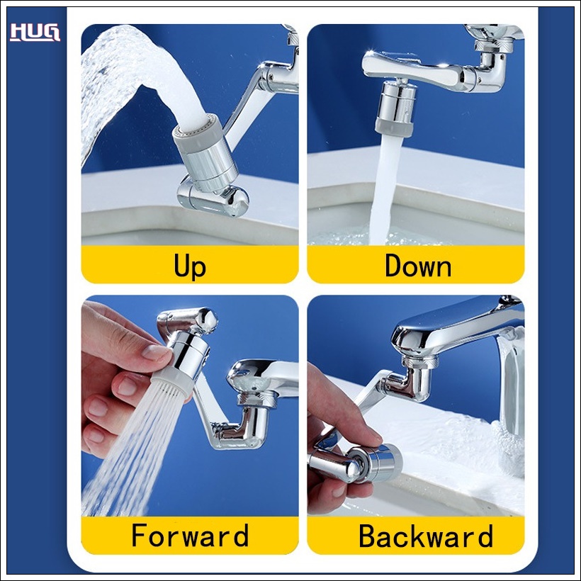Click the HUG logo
(x=35, y=32)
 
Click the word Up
(x=190, y=266)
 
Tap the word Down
(x=418, y=265)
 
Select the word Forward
(x=190, y=535)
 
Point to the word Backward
(x=426, y=536)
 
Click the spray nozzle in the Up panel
(x=205, y=155)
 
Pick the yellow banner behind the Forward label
(x=190, y=535)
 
